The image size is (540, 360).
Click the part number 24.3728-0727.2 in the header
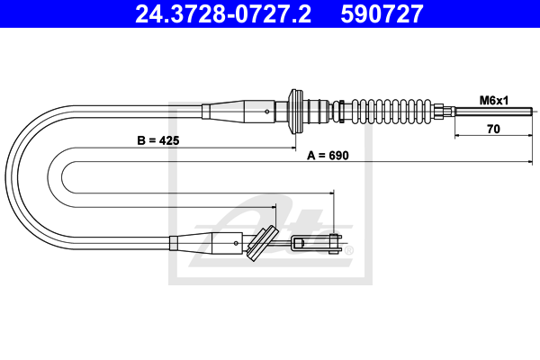point(223,13)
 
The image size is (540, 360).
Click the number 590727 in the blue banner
point(382,13)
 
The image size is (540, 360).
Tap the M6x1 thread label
point(494,101)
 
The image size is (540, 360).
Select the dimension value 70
point(493,129)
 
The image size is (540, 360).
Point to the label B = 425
point(158,140)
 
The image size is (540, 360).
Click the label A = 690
point(328,156)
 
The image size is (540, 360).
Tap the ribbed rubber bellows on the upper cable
point(391,112)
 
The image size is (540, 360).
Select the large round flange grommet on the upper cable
point(296,112)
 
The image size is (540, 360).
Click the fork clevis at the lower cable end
point(317,243)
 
